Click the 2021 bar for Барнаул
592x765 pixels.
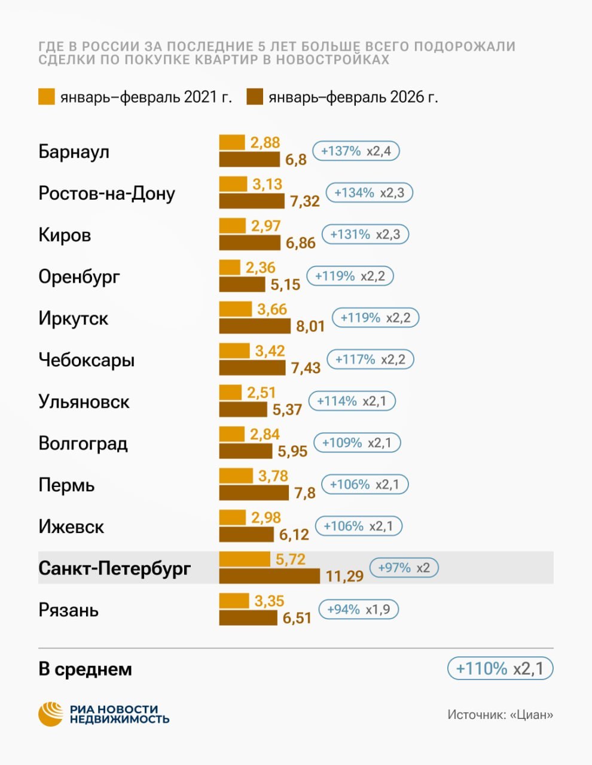pyautogui.click(x=232, y=142)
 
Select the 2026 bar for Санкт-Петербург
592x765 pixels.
pyautogui.click(x=269, y=576)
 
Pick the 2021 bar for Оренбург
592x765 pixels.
pyautogui.click(x=230, y=267)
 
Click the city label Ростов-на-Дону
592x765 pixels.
pyautogui.click(x=106, y=194)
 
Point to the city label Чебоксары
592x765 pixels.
pyautogui.click(x=86, y=360)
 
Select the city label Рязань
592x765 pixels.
pyautogui.click(x=68, y=610)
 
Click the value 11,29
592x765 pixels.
pyautogui.click(x=344, y=576)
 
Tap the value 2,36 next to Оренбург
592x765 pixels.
pyautogui.click(x=261, y=267)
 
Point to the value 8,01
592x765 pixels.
pyautogui.click(x=310, y=326)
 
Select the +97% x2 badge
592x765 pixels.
pyautogui.click(x=404, y=568)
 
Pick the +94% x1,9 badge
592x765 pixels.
pyautogui.click(x=358, y=610)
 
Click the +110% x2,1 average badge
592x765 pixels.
pyautogui.click(x=500, y=668)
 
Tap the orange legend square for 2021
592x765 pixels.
pyautogui.click(x=47, y=97)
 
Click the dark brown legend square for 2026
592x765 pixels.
pyautogui.click(x=255, y=97)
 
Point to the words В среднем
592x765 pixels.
pyautogui.click(x=85, y=669)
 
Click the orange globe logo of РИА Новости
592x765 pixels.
pyautogui.click(x=51, y=714)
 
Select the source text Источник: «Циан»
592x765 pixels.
pyautogui.click(x=500, y=714)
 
